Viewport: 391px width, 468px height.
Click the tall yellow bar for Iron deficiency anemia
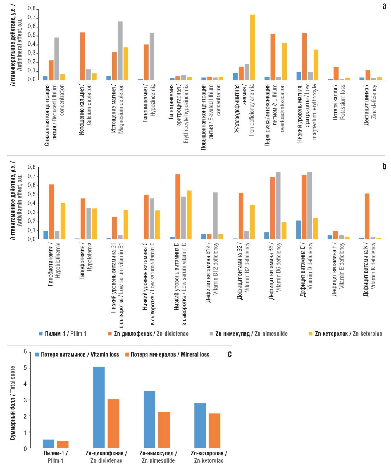click(x=252, y=47)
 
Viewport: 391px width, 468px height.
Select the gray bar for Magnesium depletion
click(x=120, y=51)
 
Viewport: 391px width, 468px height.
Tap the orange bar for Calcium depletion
click(x=83, y=56)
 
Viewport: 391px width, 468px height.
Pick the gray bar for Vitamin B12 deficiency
click(x=215, y=215)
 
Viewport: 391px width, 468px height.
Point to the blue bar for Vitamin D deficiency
click(x=299, y=230)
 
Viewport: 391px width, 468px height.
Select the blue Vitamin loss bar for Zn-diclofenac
click(x=99, y=407)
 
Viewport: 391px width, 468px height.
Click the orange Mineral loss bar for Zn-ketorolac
click(x=214, y=431)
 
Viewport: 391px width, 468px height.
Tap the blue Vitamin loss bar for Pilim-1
click(x=49, y=444)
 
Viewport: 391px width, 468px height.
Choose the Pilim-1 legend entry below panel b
click(x=63, y=334)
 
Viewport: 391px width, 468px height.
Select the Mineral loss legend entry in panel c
click(x=167, y=355)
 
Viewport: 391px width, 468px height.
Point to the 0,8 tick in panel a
click(x=32, y=9)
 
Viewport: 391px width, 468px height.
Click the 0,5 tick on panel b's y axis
click(x=32, y=194)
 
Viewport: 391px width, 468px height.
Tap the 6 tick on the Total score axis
click(x=25, y=351)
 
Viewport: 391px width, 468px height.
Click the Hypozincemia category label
click(x=149, y=104)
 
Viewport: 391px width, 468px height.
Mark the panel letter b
click(x=384, y=166)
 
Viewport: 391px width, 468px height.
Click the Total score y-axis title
click(x=13, y=403)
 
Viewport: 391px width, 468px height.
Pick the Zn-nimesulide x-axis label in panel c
click(x=158, y=457)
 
